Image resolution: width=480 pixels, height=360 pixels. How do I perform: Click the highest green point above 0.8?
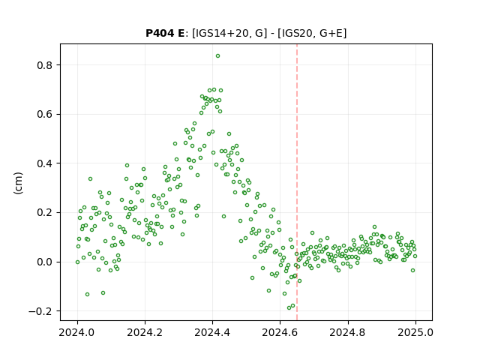click(x=217, y=56)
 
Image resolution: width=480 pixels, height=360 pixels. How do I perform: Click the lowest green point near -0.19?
click(x=289, y=308)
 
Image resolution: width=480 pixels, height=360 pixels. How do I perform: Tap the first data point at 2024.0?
click(x=77, y=262)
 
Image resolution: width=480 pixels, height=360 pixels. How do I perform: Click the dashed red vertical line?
click(x=297, y=182)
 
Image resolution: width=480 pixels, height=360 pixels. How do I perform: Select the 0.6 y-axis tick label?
click(x=43, y=115)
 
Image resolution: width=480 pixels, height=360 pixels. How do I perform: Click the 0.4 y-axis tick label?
click(x=43, y=163)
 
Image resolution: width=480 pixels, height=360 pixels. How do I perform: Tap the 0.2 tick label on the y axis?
click(x=43, y=213)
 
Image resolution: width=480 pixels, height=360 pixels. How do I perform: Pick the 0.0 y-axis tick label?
click(x=43, y=262)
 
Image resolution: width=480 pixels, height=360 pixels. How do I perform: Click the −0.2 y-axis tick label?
click(x=40, y=311)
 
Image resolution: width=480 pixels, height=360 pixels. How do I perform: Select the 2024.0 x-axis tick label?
click(x=77, y=332)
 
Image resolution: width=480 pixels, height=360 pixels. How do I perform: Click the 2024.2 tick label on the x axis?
click(x=145, y=332)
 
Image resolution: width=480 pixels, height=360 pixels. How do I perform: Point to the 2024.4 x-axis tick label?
click(x=212, y=332)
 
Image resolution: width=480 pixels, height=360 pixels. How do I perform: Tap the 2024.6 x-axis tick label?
click(x=280, y=332)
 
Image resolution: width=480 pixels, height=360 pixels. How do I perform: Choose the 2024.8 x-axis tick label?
click(x=347, y=332)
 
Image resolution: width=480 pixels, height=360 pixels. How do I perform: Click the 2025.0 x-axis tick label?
click(x=415, y=332)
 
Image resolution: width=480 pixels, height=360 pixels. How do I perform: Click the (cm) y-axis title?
click(x=18, y=183)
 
